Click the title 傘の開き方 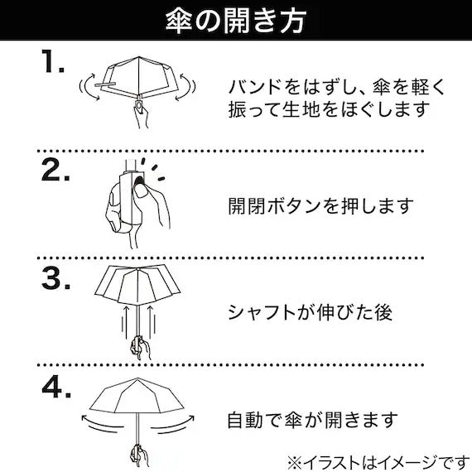point(236,20)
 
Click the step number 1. point(53,61)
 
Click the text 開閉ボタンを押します point(321,206)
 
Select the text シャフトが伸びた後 point(311,312)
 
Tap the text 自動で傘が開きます point(313,420)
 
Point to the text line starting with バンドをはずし point(336,87)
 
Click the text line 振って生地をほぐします point(329,108)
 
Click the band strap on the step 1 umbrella point(105,84)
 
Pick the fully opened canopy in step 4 point(137,395)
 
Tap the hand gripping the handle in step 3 point(141,347)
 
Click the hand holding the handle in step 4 point(140,455)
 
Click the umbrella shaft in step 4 point(137,429)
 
